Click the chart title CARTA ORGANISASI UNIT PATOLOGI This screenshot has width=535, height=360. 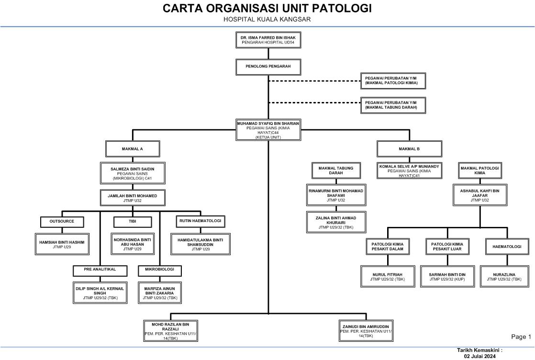267,9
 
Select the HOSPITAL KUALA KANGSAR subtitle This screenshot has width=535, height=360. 267,20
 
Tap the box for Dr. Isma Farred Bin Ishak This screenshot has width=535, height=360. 268,40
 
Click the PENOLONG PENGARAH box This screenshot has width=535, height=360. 268,66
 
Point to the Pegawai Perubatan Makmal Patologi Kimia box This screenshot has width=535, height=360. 393,80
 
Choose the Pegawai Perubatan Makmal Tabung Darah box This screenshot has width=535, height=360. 393,105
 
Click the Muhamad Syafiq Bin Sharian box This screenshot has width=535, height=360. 268,130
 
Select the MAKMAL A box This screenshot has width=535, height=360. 133,149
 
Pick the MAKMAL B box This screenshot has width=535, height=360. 410,149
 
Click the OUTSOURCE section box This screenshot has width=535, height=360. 62,222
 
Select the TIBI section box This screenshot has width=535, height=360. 133,222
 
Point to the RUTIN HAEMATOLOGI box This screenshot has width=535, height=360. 201,222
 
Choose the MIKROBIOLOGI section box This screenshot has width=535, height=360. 160,270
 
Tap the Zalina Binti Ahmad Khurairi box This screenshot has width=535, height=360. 335,222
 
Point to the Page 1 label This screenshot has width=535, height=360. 521,337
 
